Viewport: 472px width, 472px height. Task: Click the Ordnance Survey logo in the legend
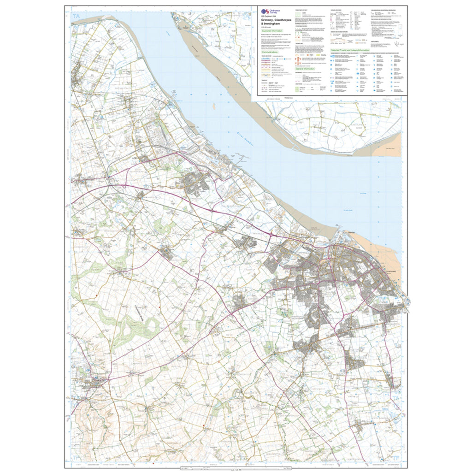click(x=265, y=13)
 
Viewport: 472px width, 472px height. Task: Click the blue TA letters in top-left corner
click(x=76, y=17)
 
